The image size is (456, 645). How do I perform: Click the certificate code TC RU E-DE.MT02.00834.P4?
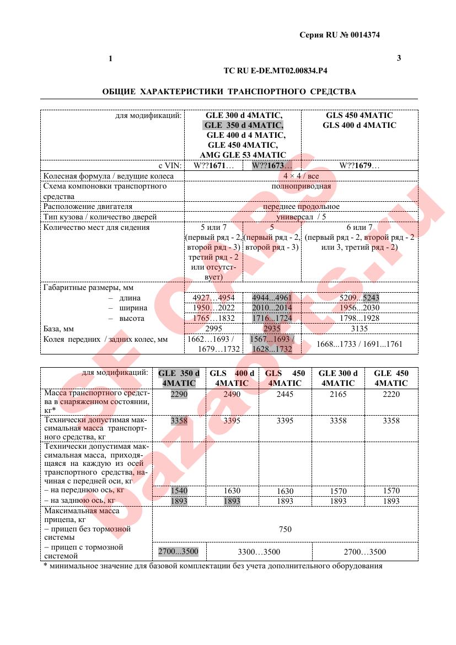tap(278, 71)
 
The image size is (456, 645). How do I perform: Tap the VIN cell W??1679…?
tap(360, 165)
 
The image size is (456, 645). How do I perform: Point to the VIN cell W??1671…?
tap(213, 165)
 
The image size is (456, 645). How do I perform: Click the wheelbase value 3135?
tap(360, 329)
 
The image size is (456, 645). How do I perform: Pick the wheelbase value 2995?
tap(213, 329)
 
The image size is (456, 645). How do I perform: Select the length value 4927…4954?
tap(213, 298)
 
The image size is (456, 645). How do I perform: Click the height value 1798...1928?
tap(360, 318)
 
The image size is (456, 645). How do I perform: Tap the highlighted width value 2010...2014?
tap(272, 308)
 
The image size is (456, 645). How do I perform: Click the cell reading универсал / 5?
tap(301, 217)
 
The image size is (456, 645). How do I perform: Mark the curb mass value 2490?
tap(232, 394)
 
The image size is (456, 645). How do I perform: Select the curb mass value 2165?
tap(338, 394)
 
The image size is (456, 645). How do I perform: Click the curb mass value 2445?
tap(285, 394)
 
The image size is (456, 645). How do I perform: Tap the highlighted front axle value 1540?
tap(179, 491)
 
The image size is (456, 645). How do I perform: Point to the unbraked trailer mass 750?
tap(285, 529)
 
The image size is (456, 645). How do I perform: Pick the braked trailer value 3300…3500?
tap(258, 552)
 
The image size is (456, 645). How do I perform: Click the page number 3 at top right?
tap(399, 58)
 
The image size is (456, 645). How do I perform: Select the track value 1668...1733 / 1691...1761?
tap(360, 344)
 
